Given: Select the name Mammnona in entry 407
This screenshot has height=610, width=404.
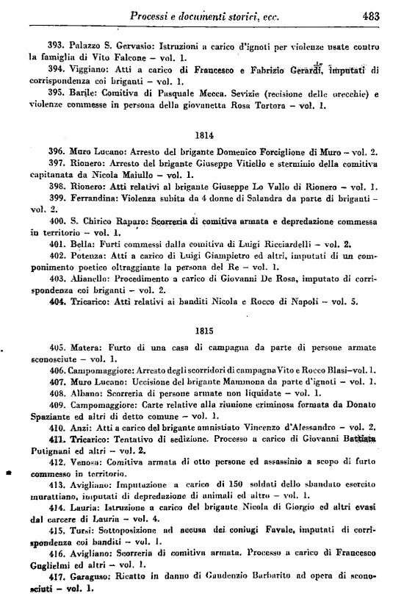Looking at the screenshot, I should tap(224, 381).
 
